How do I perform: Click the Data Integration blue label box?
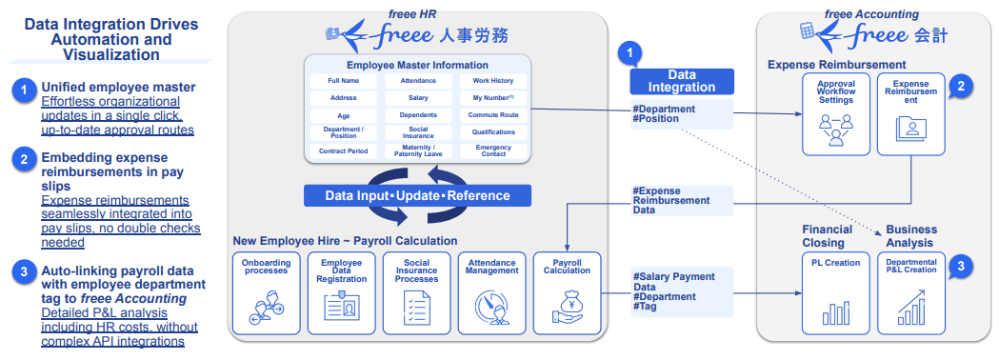(681, 81)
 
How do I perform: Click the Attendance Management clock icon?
(491, 309)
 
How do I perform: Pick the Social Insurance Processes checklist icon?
(415, 309)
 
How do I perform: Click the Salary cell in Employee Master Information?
(418, 97)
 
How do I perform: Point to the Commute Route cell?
(492, 115)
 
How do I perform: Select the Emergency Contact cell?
(492, 150)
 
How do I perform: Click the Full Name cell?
(343, 80)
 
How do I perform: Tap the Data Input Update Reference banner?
(417, 195)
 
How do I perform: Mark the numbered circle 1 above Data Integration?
(629, 54)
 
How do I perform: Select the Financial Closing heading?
(827, 235)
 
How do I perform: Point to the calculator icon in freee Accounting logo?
(809, 32)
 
